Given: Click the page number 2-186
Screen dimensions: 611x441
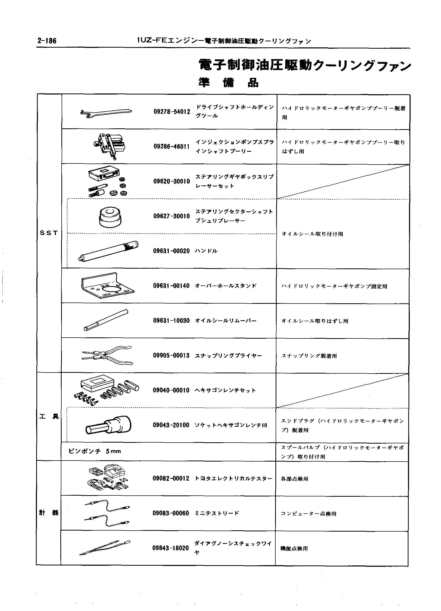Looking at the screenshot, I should [47, 41].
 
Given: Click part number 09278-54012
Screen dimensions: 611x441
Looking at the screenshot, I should [172, 111].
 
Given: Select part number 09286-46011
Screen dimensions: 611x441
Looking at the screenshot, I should [172, 147].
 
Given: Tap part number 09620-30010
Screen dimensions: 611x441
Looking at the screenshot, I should [172, 181].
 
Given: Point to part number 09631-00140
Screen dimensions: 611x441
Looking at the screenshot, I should [171, 286].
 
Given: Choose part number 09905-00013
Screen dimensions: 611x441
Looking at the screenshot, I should [171, 356].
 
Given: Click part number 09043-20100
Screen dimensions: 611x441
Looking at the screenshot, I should [171, 425].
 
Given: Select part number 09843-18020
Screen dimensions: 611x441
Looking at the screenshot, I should [171, 548].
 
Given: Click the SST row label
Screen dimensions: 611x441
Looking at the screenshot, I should [49, 233].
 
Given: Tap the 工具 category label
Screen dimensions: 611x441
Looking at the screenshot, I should [49, 417].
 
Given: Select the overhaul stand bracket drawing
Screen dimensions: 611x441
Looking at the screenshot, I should [107, 286].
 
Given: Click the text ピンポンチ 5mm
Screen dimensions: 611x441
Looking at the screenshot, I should [94, 451].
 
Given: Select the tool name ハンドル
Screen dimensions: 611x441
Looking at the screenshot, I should [206, 251].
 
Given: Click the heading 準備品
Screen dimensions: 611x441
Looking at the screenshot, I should [229, 83].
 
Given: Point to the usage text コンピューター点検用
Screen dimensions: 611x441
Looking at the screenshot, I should [308, 514].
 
